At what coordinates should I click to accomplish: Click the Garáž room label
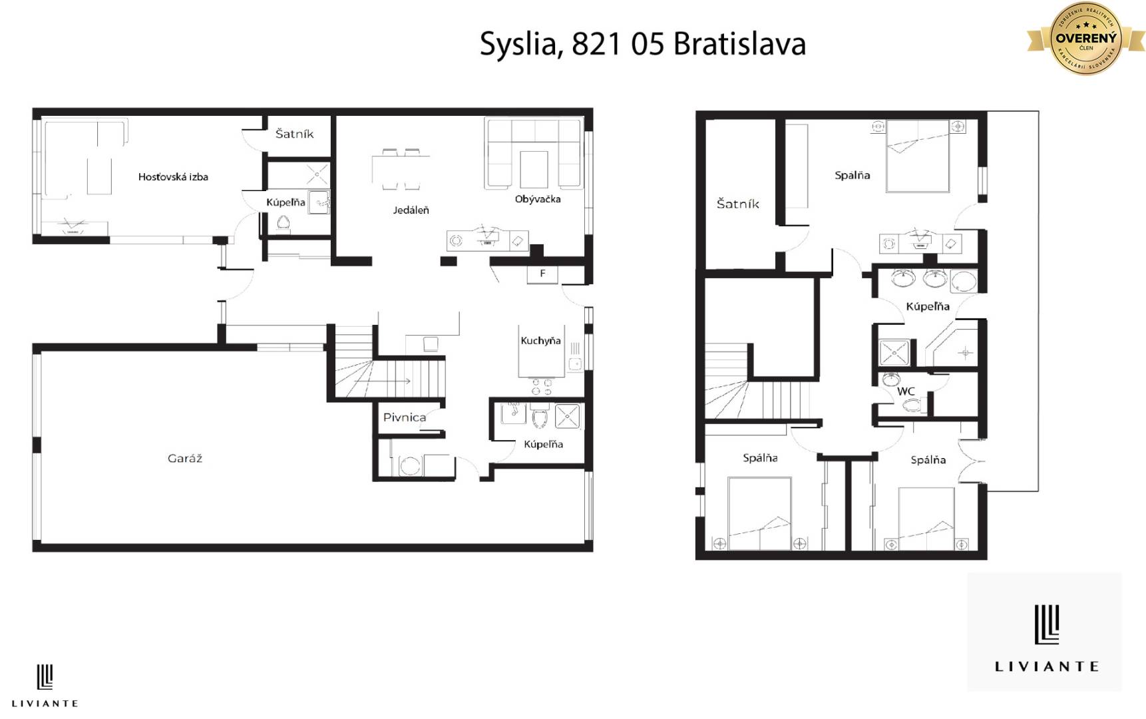(x=184, y=458)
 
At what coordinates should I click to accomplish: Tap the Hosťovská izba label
(x=173, y=176)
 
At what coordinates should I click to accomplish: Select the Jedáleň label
(x=411, y=210)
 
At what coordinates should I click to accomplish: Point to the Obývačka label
(x=537, y=198)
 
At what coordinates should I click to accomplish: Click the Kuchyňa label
(x=540, y=340)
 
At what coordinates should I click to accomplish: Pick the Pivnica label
(x=404, y=417)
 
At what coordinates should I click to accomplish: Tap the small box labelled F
(x=542, y=274)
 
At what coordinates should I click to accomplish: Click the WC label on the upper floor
(x=906, y=391)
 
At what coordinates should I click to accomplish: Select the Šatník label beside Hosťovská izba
(x=294, y=134)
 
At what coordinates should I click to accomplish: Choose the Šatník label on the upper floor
(x=737, y=204)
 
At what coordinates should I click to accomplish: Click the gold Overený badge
(x=1085, y=39)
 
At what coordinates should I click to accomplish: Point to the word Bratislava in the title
(x=739, y=44)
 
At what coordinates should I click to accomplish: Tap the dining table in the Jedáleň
(x=401, y=170)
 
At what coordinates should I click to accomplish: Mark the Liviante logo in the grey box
(x=1046, y=632)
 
